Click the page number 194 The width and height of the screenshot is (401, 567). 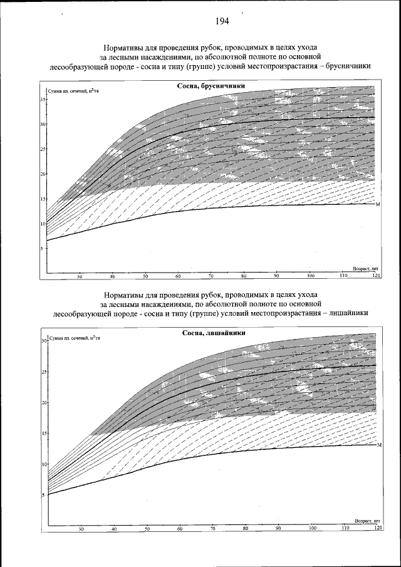pyautogui.click(x=221, y=21)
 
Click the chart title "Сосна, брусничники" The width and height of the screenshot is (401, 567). pyautogui.click(x=210, y=86)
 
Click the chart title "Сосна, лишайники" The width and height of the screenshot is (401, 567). pyautogui.click(x=209, y=333)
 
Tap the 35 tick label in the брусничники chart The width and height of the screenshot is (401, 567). pyautogui.click(x=43, y=100)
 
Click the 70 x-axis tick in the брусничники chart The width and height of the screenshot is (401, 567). pyautogui.click(x=211, y=276)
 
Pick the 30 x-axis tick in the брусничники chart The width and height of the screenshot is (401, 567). pyautogui.click(x=80, y=276)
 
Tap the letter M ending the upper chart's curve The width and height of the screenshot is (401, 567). pyautogui.click(x=378, y=204)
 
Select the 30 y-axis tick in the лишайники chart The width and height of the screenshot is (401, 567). pyautogui.click(x=44, y=341)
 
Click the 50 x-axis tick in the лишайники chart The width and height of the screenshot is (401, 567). pyautogui.click(x=147, y=529)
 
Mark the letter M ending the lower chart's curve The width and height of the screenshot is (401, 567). pyautogui.click(x=379, y=445)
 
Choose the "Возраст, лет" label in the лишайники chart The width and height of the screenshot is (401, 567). pyautogui.click(x=368, y=521)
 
